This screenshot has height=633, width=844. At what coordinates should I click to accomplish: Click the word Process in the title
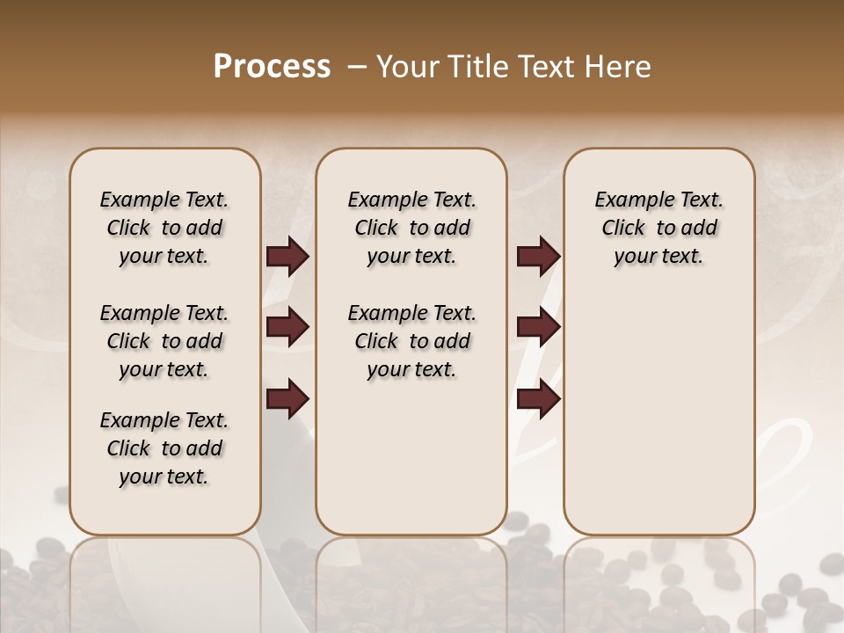[x=272, y=67]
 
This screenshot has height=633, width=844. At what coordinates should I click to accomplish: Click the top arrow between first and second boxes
[x=287, y=257]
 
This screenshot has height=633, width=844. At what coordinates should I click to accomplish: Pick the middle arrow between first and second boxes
[x=287, y=327]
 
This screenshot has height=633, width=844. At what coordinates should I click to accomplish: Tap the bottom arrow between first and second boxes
[x=287, y=398]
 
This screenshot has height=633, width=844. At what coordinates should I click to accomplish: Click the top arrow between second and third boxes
[x=538, y=257]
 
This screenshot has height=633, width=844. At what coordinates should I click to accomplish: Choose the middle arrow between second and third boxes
[x=538, y=327]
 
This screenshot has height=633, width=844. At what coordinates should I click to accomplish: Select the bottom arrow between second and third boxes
[x=538, y=398]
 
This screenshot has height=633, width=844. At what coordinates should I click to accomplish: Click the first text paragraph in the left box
[x=164, y=228]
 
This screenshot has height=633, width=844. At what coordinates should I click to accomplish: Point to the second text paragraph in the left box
[x=164, y=341]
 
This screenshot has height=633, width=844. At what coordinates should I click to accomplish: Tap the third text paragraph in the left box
[x=164, y=448]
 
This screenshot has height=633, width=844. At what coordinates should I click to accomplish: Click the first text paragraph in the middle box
[x=411, y=228]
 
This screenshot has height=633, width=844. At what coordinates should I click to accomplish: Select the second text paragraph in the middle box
[x=411, y=341]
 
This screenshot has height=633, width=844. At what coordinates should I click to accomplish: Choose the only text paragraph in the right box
[x=658, y=228]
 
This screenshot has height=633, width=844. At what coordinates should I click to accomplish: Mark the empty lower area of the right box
[x=658, y=413]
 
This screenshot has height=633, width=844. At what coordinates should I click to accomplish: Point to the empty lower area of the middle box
[x=411, y=457]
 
